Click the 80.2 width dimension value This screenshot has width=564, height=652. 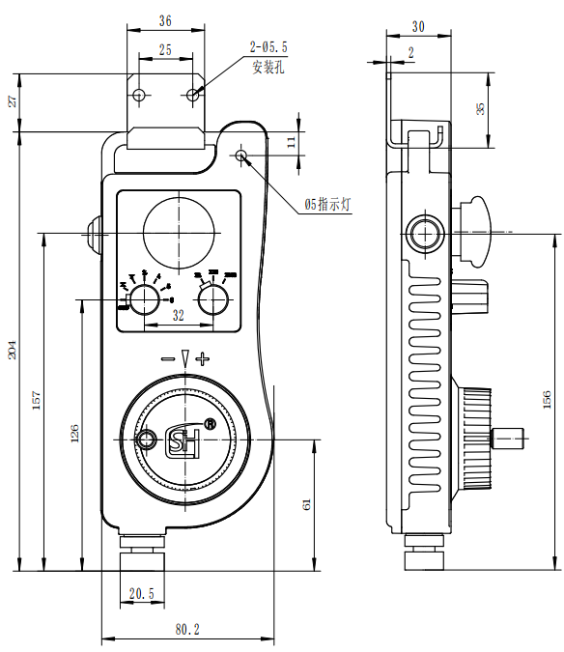(187, 629)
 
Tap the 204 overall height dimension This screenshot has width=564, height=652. (13, 350)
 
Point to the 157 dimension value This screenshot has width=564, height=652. (37, 403)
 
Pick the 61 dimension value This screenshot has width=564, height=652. (308, 504)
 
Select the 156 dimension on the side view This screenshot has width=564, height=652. (547, 399)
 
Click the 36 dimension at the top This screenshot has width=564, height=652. (164, 20)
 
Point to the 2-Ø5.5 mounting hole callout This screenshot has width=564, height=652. (269, 46)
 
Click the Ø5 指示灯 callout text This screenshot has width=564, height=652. (332, 205)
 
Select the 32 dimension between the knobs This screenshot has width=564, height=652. (178, 315)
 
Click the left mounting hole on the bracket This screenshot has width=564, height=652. (139, 96)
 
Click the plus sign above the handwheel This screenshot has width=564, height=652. (202, 359)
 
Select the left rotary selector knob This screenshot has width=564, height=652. (145, 300)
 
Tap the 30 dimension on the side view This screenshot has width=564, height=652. (417, 26)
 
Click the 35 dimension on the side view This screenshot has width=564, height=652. (480, 108)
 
